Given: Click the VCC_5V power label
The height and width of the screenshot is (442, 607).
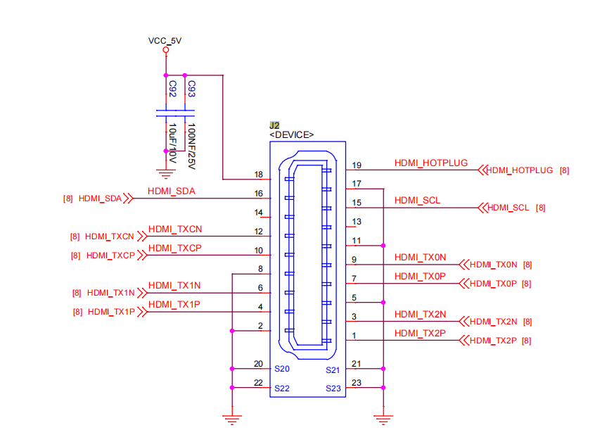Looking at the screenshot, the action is [165, 41].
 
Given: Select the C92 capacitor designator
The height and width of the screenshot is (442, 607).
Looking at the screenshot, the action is [172, 89].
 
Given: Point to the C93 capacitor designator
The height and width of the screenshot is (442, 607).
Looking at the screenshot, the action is [191, 89].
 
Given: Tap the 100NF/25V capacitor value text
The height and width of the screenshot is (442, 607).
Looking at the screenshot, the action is [191, 146].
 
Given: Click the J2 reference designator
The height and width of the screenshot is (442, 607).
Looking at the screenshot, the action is [274, 125].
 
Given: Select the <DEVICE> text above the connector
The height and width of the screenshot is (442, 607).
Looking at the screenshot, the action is [291, 135].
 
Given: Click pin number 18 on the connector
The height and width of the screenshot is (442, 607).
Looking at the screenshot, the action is [259, 175].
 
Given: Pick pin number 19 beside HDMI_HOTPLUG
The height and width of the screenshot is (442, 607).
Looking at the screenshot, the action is [357, 165].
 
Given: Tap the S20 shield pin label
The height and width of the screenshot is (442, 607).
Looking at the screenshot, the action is [282, 369].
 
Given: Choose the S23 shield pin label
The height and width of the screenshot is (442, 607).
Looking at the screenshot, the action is [333, 389].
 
